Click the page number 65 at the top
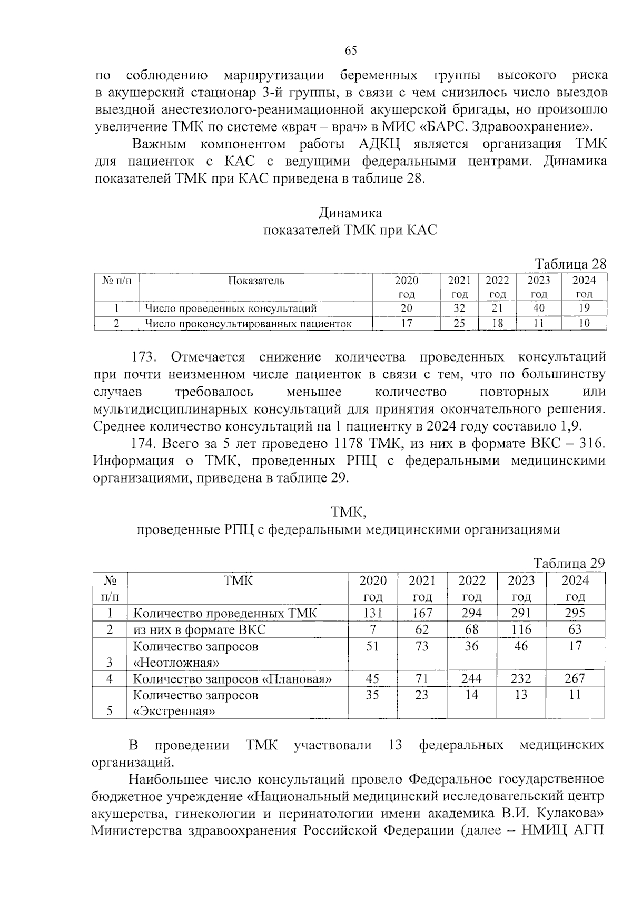351,51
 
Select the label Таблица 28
570,264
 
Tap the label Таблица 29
569,563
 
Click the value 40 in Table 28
538,308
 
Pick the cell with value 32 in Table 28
459,308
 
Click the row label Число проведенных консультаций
231,308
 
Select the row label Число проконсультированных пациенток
248,323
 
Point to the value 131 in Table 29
372,613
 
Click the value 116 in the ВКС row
521,629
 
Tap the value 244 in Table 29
471,678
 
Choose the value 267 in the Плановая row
575,678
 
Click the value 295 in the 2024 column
575,613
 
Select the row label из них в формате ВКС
199,629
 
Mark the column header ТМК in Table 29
238,580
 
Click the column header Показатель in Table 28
256,281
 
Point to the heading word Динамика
350,213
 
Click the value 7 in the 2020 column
372,629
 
